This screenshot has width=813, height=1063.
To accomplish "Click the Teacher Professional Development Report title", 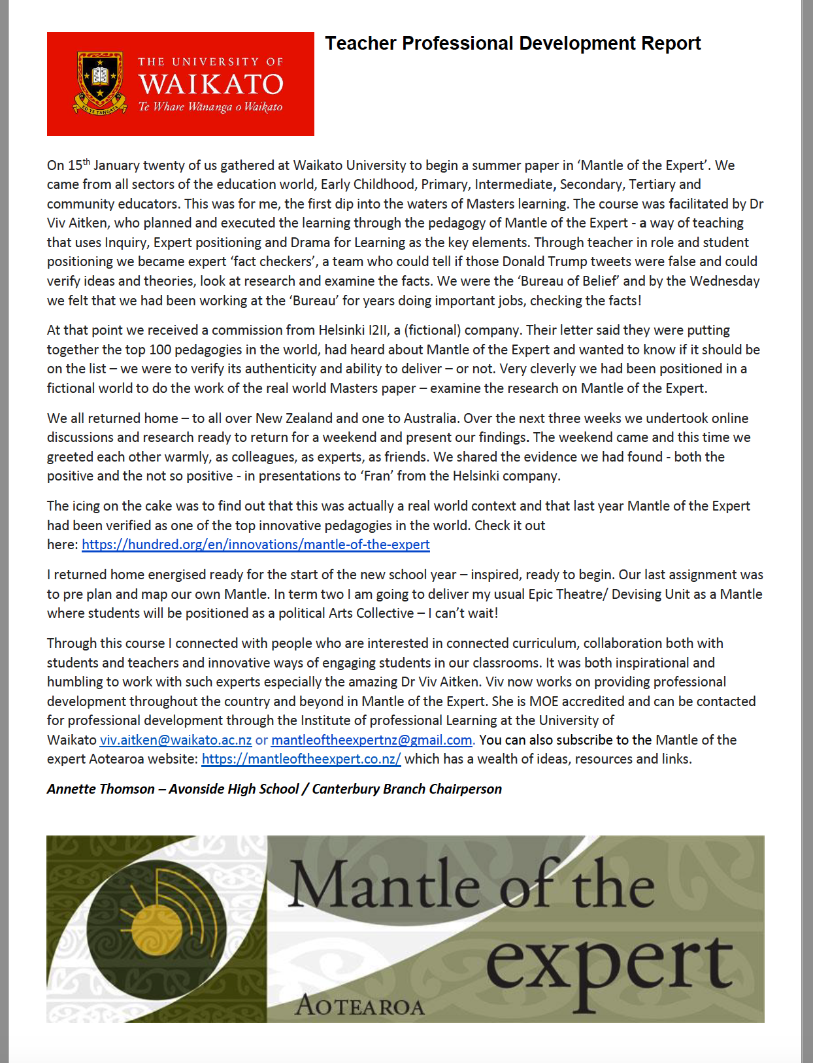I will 512,44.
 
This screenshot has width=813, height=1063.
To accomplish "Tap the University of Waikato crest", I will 100,83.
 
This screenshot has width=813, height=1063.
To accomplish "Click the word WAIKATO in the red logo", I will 210,84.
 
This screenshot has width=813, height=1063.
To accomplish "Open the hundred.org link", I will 256,545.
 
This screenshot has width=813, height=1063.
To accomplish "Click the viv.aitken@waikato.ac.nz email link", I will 175,740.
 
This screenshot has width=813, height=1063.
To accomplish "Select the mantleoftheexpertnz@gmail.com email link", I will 371,740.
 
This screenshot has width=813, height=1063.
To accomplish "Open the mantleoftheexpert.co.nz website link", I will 301,759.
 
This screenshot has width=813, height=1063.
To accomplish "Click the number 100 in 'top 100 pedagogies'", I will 160,350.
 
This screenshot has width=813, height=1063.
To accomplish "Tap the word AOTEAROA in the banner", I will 360,1005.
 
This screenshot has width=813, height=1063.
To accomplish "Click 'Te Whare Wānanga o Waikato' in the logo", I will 210,107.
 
